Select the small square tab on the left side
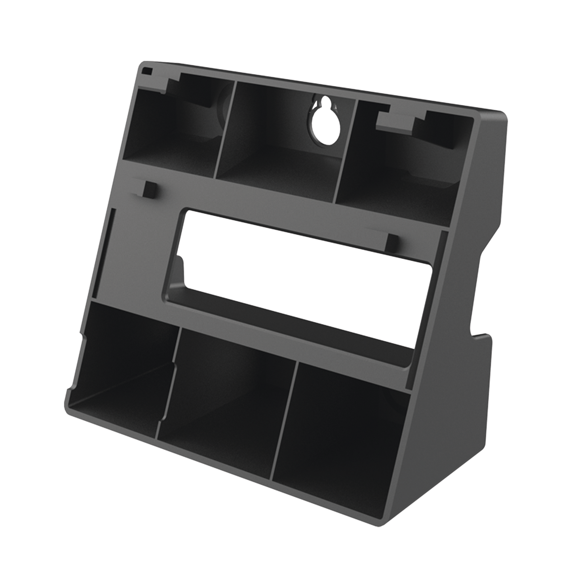(x=150, y=190)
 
